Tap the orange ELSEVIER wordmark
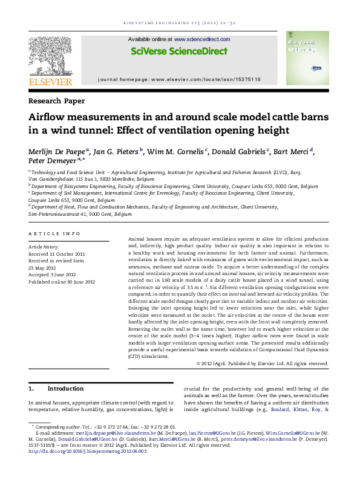point(50,82)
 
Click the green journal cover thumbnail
point(306,60)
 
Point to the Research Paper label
point(56,101)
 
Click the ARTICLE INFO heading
point(54,233)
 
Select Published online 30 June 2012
point(62,281)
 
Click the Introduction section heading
point(66,388)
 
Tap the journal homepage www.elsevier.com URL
point(206,79)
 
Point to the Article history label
point(44,247)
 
